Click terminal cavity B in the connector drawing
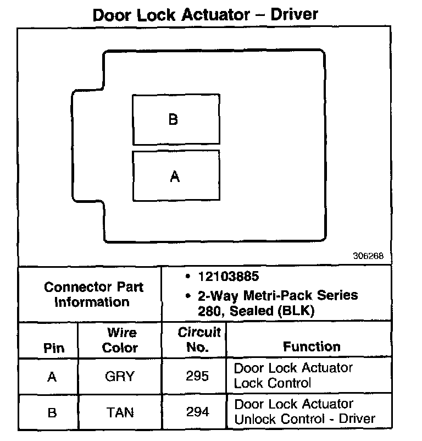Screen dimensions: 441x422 pos(176,119)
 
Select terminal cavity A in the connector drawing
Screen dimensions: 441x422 pos(176,176)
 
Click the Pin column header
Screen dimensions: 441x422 pos(53,348)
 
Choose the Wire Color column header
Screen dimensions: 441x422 pos(120,340)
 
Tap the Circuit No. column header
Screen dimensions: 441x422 pos(198,339)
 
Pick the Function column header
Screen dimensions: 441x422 pos(311,346)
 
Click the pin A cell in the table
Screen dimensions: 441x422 pos(52,377)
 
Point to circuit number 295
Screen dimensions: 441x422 pos(197,377)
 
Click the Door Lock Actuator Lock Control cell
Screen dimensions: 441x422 pos(293,375)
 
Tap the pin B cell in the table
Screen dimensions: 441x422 pos(52,413)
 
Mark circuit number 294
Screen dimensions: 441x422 pos(197,413)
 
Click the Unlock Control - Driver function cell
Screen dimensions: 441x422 pos(304,412)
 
